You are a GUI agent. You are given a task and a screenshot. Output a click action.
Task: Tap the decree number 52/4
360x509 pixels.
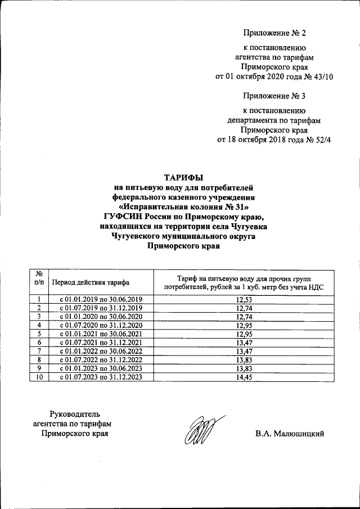point(320,139)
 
